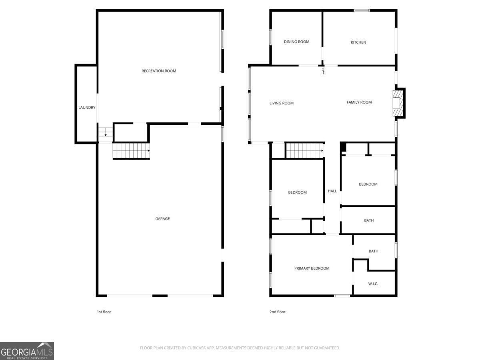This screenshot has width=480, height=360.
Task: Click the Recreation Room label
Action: pos(159,71)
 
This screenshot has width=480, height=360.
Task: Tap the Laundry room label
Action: pos(87,107)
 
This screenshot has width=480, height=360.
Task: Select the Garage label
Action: pos(162,219)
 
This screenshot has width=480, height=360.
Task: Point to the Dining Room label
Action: pos(296,42)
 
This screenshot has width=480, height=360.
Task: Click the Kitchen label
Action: pos(358,42)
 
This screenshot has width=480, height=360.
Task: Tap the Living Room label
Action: pos(281,103)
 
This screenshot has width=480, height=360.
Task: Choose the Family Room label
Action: pos(359,102)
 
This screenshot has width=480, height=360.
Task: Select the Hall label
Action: pos(332,191)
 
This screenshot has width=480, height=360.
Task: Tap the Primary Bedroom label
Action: pos(312,268)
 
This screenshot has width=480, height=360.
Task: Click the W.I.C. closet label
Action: pos(373,284)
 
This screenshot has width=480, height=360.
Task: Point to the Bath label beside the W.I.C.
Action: pos(373,251)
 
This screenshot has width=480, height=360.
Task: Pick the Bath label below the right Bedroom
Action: pos(369,220)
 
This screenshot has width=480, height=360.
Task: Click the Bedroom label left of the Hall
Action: pos(297,192)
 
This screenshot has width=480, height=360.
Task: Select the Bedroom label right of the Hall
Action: pos(368,184)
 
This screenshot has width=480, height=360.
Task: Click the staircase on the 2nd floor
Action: pos(304,151)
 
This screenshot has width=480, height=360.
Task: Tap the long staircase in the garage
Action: pos(131,151)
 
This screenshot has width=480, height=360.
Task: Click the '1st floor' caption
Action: pos(104,312)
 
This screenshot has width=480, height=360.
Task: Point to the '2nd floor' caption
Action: pos(277,312)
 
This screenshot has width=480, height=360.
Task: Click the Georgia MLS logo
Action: pos(27,351)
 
